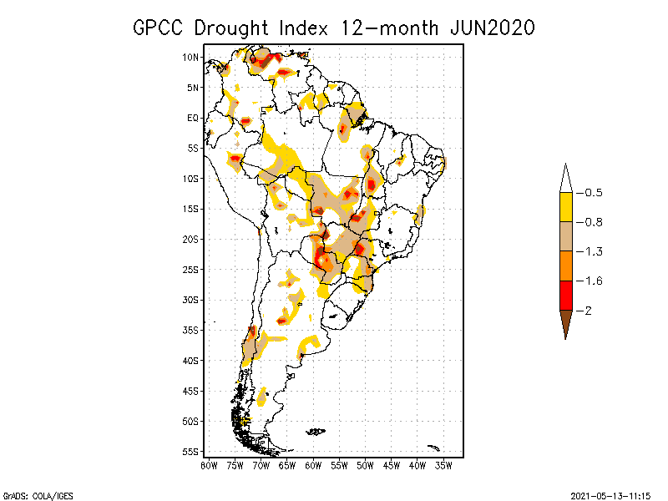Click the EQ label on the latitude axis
(193, 118)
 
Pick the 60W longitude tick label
(313, 464)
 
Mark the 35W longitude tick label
(444, 464)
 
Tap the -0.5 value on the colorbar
(592, 193)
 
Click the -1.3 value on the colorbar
(592, 251)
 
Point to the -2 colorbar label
(589, 310)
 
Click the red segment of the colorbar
(565, 295)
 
